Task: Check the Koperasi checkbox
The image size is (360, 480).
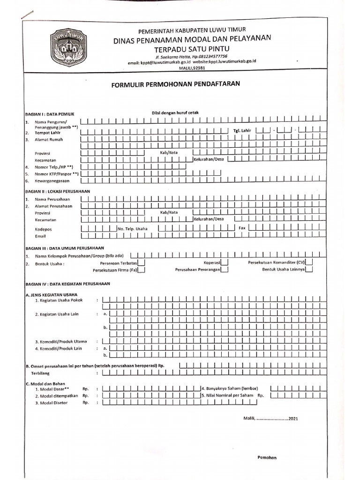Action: point(225,263)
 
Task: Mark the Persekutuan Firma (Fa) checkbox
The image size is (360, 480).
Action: point(141,270)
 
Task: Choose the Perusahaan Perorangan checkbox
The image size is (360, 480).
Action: point(225,270)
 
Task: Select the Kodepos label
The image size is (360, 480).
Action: point(44,229)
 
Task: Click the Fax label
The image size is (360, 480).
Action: point(242,227)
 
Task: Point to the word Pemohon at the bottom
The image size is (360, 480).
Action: point(268,457)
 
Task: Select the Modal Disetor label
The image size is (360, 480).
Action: point(54,403)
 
